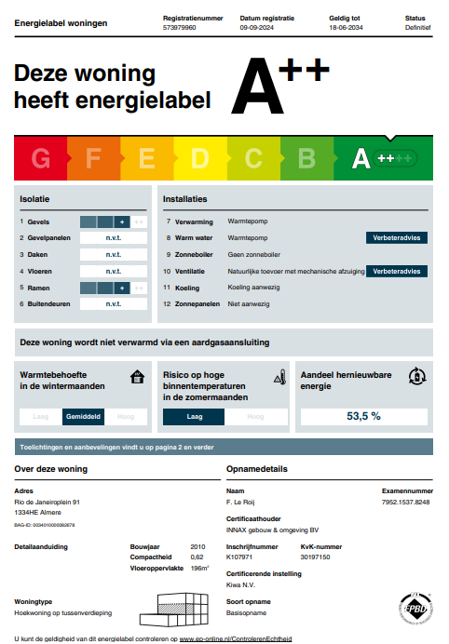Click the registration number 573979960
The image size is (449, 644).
[x=179, y=28]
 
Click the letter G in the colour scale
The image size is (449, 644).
[x=41, y=159]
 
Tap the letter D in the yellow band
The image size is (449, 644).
[x=199, y=159]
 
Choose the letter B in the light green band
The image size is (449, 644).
[x=306, y=159]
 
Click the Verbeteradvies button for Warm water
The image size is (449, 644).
[x=397, y=238]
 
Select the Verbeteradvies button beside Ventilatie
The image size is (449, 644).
[x=397, y=272]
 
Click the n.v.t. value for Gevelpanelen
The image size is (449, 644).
[x=114, y=238]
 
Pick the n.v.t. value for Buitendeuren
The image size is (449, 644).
[x=114, y=304]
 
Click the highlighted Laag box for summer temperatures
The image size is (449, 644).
[x=194, y=417]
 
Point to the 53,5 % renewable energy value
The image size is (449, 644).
[x=363, y=416]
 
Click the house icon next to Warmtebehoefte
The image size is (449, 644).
[x=137, y=377]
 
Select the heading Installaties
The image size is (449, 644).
[x=184, y=199]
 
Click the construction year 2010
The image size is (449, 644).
[x=197, y=546]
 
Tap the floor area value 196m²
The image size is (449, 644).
[x=199, y=568]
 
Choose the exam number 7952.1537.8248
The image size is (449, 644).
[x=406, y=503]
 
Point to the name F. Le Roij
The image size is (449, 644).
[x=240, y=503]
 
